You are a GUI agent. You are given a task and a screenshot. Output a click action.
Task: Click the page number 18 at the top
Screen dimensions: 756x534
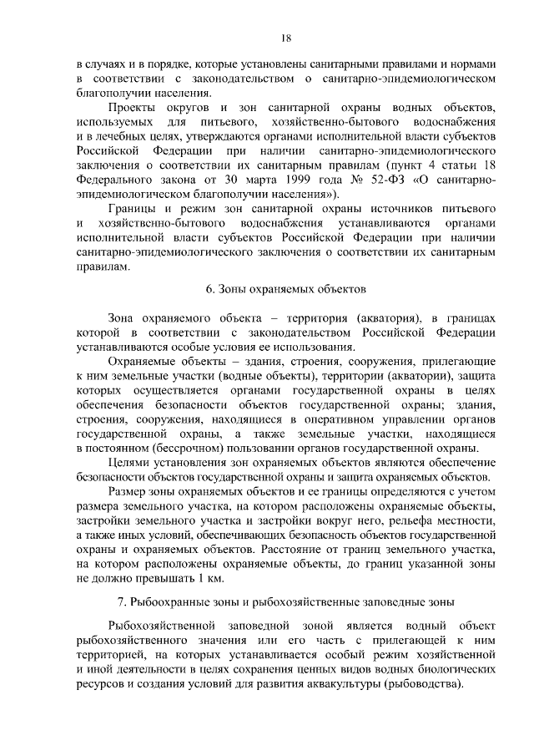point(285,38)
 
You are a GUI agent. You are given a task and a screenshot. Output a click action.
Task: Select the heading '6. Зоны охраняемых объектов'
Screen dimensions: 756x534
point(285,289)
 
